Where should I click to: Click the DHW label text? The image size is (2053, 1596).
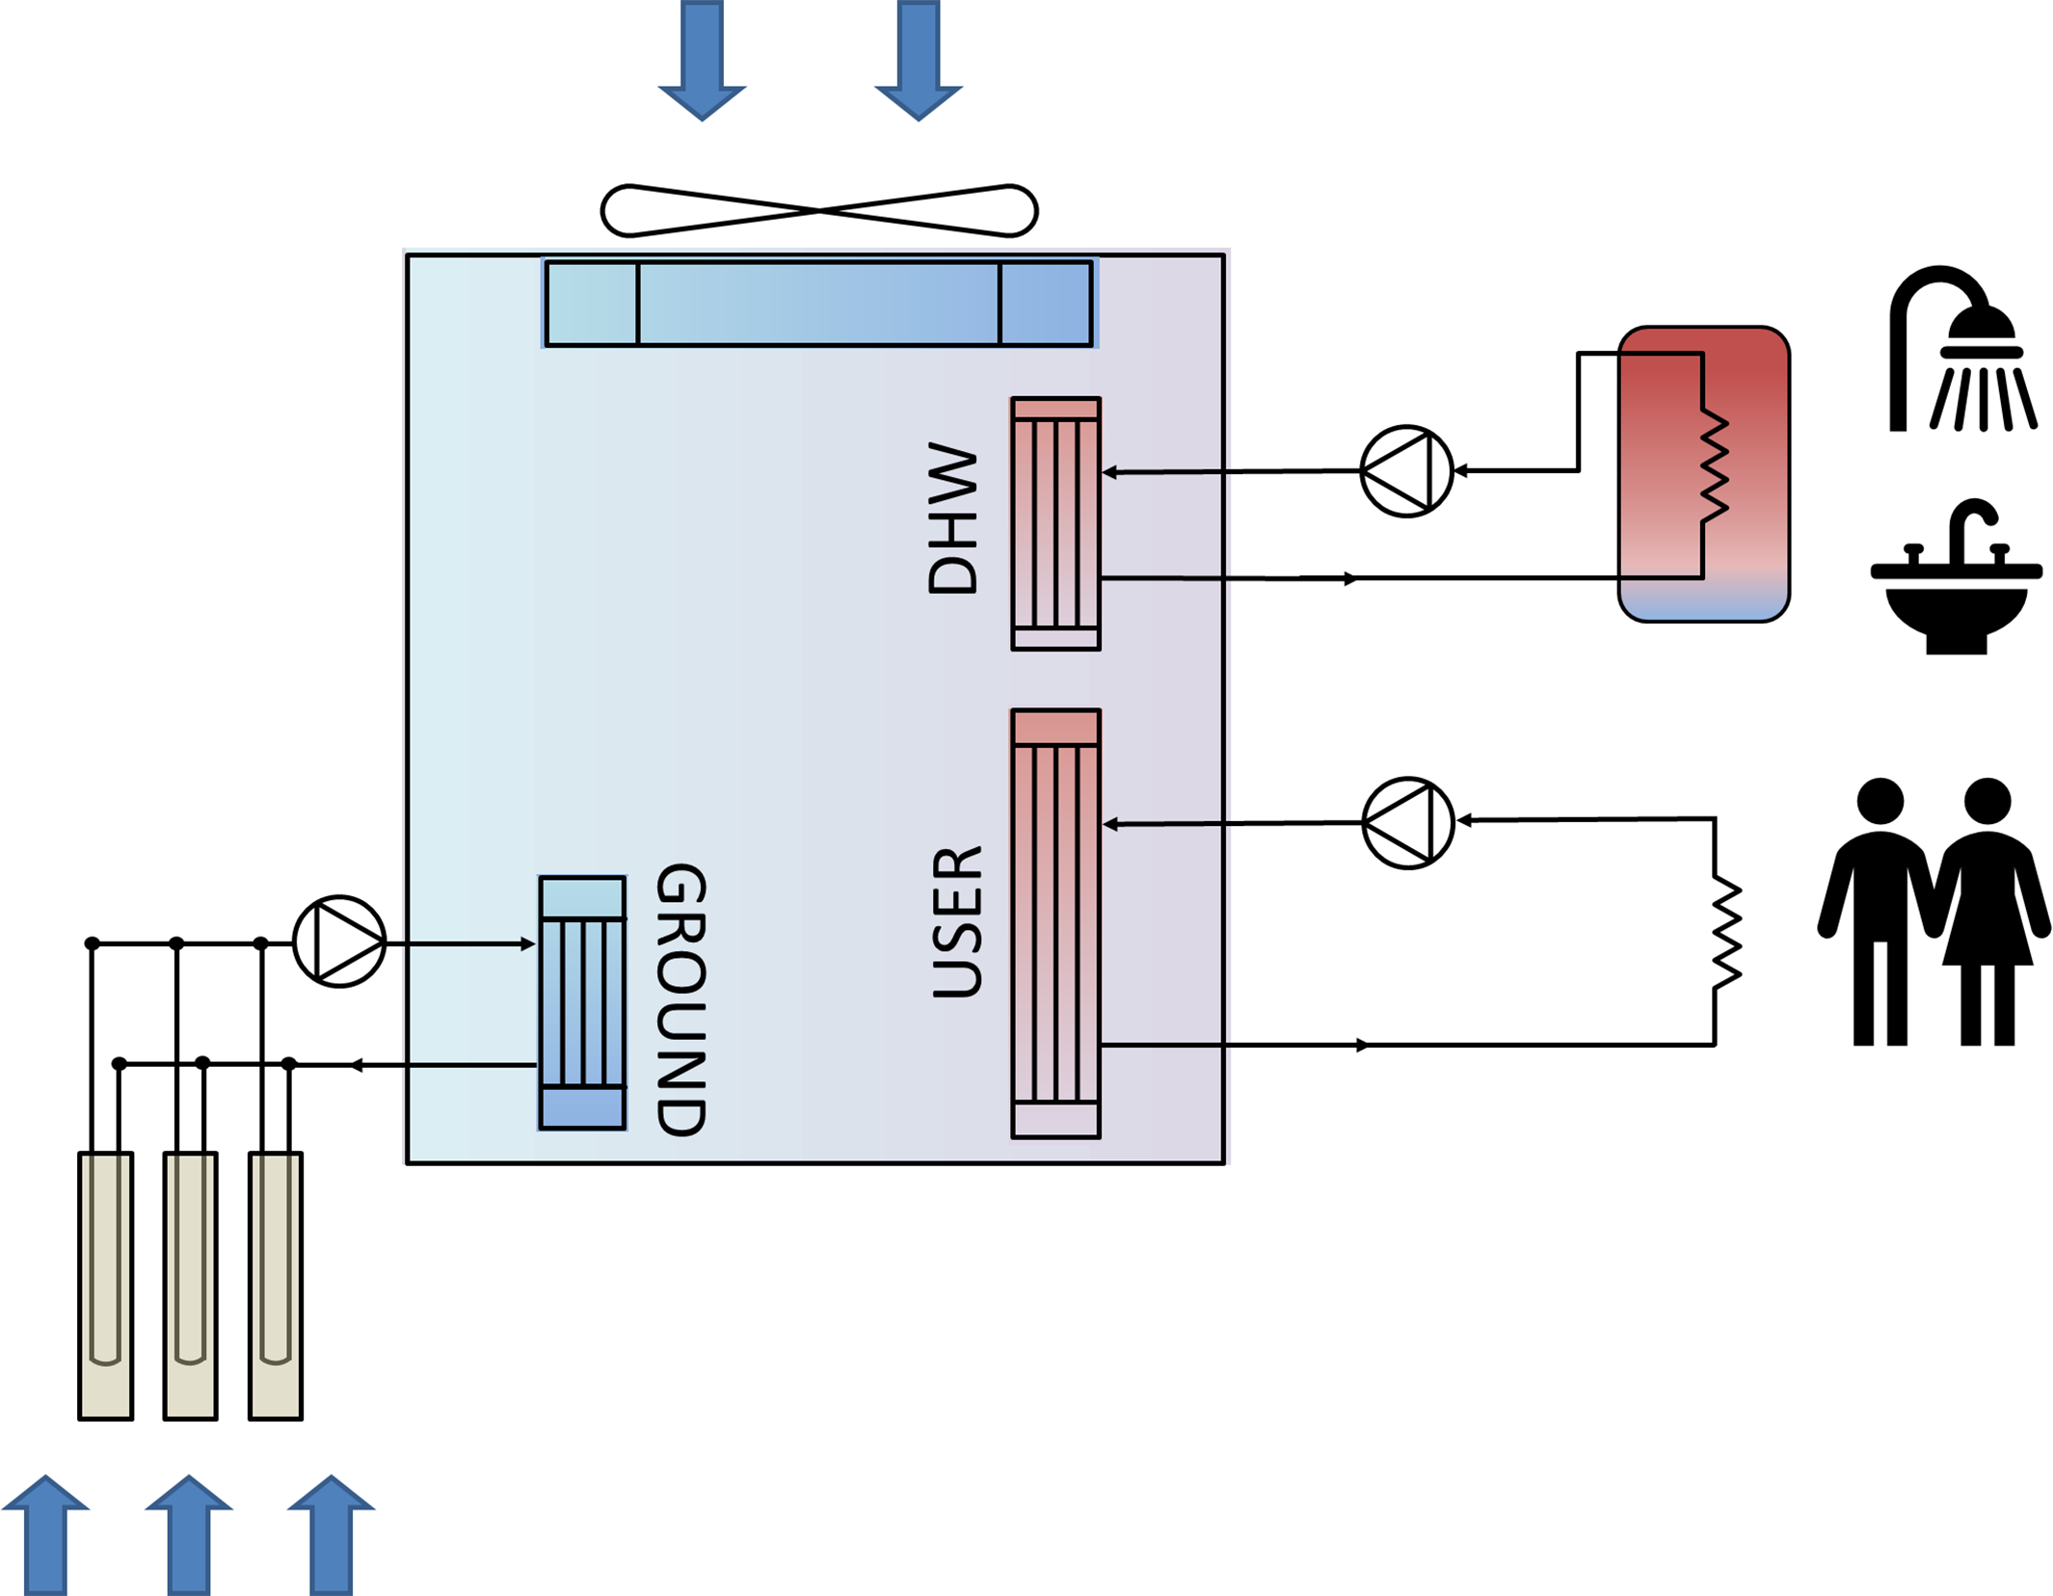coord(952,518)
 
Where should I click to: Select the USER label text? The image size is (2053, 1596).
coord(957,922)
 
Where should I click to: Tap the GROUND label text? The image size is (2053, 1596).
coord(681,998)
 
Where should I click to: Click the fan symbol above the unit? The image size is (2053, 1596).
coord(818,210)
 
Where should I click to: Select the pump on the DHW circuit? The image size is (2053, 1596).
coord(1406,471)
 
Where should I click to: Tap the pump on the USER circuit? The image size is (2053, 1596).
coord(1408,823)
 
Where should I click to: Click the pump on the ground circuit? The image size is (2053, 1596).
coord(339,942)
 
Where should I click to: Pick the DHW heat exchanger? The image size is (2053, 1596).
coord(1055,524)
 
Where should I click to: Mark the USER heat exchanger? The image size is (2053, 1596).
coord(1055,924)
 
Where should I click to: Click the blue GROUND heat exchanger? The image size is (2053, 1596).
coord(582,1002)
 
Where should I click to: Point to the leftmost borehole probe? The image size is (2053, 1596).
coord(106,1286)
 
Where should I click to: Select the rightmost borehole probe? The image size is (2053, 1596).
coord(276,1286)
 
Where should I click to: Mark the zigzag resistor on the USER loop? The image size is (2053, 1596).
coord(1726,932)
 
